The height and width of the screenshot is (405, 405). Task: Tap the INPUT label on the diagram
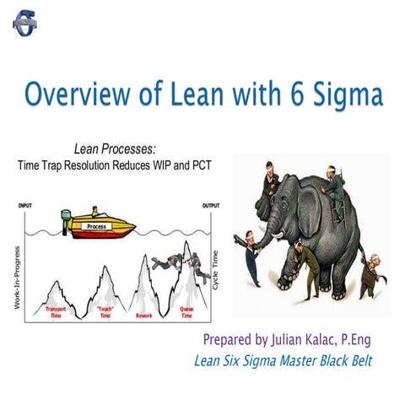coord(24,206)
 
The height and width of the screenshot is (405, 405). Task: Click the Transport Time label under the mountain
coord(57,312)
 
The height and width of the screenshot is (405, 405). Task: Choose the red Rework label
coord(143,316)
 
